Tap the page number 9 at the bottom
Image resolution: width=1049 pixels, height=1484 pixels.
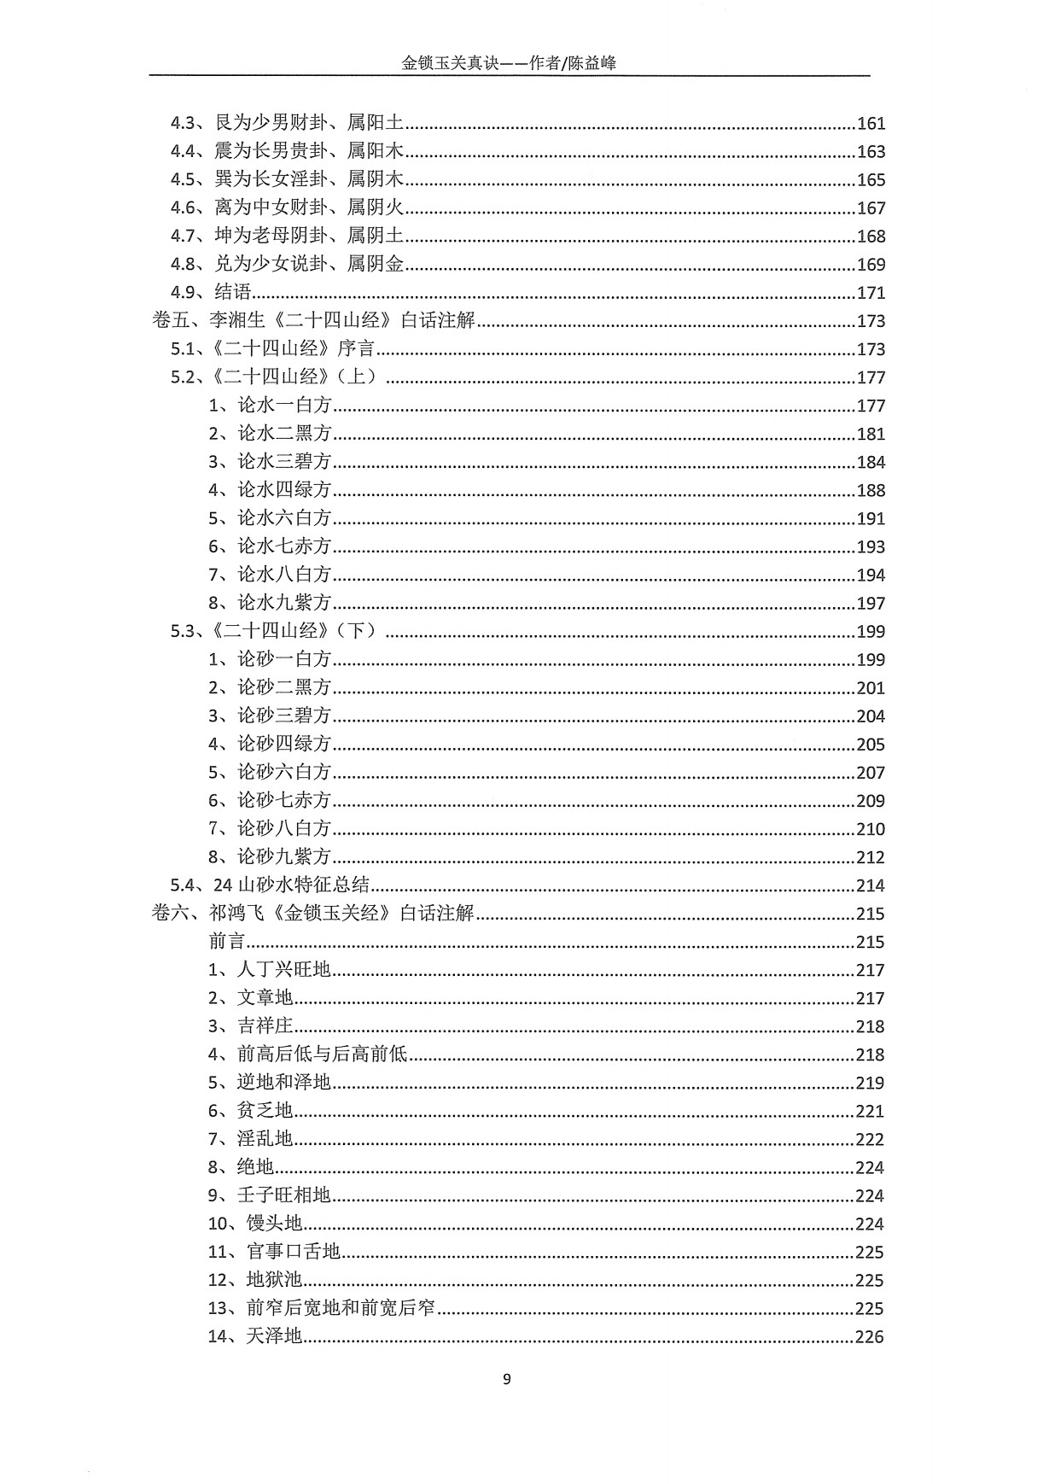pyautogui.click(x=507, y=1379)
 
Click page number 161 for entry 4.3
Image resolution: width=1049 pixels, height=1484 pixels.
pyautogui.click(x=871, y=124)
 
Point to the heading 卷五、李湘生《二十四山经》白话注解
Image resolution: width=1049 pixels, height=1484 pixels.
pyautogui.click(x=313, y=321)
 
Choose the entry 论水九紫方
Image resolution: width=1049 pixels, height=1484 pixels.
pyautogui.click(x=270, y=603)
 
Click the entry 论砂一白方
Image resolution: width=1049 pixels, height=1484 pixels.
pyautogui.click(x=270, y=659)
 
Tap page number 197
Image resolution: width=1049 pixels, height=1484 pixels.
pyautogui.click(x=871, y=604)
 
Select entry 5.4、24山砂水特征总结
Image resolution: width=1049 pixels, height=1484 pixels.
pyautogui.click(x=270, y=885)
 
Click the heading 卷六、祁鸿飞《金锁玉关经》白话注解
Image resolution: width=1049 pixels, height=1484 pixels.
pyautogui.click(x=312, y=914)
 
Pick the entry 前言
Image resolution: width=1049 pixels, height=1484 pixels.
pyautogui.click(x=227, y=942)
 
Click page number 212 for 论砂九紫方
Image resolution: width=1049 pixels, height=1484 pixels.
pyautogui.click(x=871, y=857)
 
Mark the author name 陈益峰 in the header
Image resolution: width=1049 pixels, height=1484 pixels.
pyautogui.click(x=593, y=63)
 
